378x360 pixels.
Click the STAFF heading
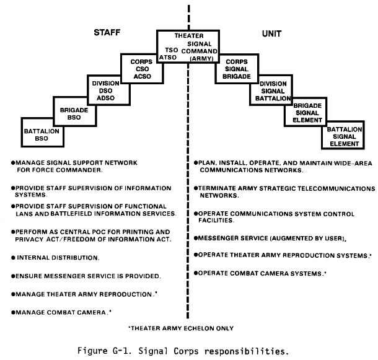point(107,33)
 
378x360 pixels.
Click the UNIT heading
point(271,33)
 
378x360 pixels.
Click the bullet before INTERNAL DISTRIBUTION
point(13,258)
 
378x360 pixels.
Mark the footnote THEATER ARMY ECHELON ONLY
point(181,328)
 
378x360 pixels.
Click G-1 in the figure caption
point(121,351)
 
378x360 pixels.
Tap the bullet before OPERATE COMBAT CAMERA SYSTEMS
point(196,273)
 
